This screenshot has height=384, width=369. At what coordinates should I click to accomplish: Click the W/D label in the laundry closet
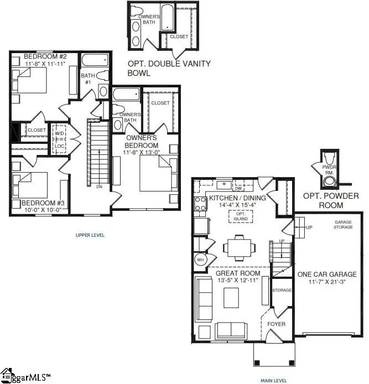point(59,133)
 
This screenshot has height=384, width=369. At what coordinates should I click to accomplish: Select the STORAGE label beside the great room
point(281,290)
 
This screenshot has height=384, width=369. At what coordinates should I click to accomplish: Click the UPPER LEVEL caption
point(90,235)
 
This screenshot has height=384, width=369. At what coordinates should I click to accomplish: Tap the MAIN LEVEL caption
point(273,381)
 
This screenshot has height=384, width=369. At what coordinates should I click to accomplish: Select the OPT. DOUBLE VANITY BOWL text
point(169,68)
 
